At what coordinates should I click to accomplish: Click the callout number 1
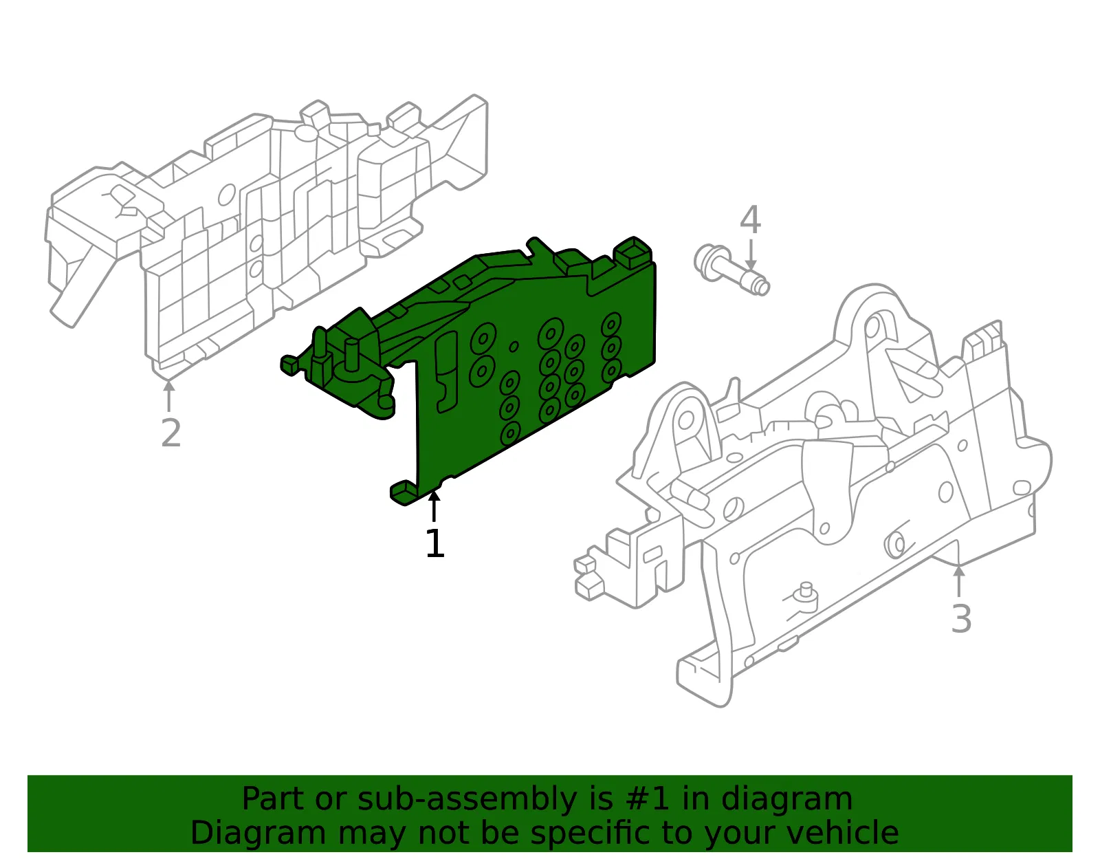point(434,543)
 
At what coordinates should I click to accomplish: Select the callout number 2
point(170,433)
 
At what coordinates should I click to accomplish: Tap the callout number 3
point(961,618)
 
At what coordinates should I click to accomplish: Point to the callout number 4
point(750,219)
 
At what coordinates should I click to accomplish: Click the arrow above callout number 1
point(434,505)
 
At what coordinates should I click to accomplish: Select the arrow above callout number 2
point(168,396)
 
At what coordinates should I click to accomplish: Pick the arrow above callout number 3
point(958,582)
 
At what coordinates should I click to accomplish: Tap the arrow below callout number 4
point(751,254)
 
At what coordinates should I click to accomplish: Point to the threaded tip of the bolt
point(759,287)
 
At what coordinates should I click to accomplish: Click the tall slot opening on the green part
point(446,371)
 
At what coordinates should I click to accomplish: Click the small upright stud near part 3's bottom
point(804,591)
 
